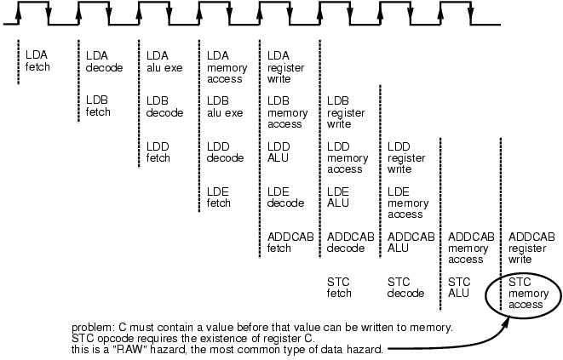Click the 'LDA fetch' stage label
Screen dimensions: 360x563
point(38,60)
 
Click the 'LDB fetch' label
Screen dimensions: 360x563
point(98,106)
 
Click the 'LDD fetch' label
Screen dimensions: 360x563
point(158,151)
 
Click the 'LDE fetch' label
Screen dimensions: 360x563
point(219,197)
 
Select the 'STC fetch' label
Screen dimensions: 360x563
point(340,287)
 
